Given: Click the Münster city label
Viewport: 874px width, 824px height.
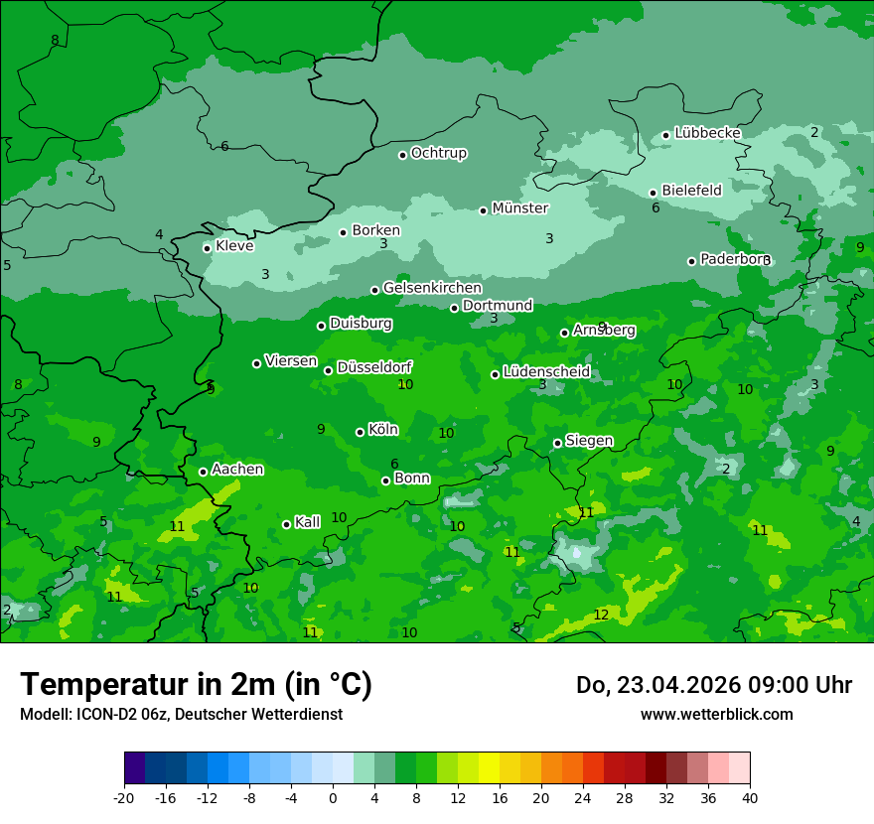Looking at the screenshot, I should (x=519, y=208).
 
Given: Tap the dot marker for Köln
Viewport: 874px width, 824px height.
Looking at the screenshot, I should (x=360, y=432).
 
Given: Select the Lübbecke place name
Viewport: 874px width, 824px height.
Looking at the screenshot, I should (x=707, y=133).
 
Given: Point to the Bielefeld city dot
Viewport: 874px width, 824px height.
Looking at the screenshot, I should (x=653, y=193).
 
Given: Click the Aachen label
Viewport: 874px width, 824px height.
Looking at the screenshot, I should (x=237, y=470).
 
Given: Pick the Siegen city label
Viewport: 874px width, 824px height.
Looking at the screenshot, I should (x=589, y=441).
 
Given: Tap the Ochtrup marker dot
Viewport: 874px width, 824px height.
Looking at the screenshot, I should (x=402, y=154).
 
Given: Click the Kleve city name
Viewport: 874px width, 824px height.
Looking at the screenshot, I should (x=234, y=246).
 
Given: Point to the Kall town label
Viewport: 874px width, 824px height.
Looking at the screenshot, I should (x=308, y=522).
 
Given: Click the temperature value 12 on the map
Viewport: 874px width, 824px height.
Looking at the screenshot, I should (x=601, y=616).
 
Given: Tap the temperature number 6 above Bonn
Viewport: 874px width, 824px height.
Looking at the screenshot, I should (x=394, y=464).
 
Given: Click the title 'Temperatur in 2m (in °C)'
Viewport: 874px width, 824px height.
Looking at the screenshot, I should (x=196, y=684).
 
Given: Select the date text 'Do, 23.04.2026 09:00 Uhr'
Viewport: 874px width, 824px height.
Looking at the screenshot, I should (x=714, y=685).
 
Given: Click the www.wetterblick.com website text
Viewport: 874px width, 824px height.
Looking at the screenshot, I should (x=716, y=714).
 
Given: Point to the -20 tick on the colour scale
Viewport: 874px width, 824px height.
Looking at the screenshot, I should (x=124, y=797).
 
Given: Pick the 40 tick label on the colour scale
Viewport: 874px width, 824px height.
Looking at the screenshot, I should (x=749, y=797).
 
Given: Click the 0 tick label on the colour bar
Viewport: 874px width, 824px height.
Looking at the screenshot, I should (x=333, y=797).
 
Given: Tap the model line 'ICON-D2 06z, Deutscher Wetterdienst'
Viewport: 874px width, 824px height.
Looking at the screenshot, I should (x=181, y=714).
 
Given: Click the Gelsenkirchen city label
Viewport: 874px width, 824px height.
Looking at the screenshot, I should (x=432, y=288).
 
